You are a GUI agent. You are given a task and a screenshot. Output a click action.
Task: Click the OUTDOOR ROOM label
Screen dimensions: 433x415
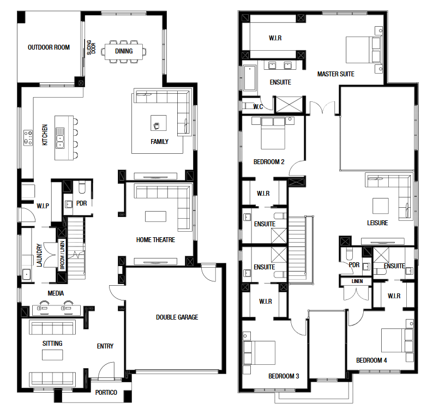(x=49, y=47)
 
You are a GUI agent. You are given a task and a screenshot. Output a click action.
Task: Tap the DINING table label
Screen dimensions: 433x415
(x=124, y=51)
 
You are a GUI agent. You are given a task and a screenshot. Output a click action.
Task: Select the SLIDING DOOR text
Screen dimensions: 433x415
(x=91, y=47)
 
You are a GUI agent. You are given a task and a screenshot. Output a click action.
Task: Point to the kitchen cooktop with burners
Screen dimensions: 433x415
(x=28, y=137)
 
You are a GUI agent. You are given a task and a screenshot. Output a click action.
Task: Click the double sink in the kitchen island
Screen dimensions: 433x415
(x=60, y=138)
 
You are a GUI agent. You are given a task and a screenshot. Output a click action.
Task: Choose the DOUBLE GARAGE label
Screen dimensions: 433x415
(x=177, y=317)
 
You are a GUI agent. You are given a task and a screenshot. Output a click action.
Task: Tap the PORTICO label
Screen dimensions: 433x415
(x=106, y=392)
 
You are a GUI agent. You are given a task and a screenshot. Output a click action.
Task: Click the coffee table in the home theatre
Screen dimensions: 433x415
(x=156, y=216)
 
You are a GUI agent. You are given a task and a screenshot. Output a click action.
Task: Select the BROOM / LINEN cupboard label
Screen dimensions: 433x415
(x=62, y=255)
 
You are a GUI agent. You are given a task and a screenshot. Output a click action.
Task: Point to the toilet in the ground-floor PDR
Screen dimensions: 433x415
(x=82, y=187)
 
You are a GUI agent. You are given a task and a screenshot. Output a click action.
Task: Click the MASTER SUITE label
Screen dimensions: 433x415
(x=336, y=74)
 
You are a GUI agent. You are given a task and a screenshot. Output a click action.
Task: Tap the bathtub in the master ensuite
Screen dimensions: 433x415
(x=250, y=78)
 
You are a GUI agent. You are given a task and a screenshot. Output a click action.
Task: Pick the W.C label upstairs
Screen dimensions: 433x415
(x=258, y=107)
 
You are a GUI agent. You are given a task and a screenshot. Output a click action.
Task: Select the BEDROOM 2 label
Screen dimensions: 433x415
(x=269, y=162)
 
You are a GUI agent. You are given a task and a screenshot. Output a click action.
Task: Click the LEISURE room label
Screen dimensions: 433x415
(x=377, y=223)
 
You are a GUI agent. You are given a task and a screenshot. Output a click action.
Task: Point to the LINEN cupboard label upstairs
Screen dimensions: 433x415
(x=357, y=281)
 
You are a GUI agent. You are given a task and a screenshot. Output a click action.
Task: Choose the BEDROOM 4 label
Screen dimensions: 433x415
(x=371, y=360)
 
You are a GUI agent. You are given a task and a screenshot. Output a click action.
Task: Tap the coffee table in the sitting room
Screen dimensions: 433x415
(x=52, y=355)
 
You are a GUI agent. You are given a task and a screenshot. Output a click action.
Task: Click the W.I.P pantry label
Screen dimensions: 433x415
(x=43, y=206)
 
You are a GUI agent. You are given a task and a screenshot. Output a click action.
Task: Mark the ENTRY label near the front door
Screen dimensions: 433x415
(x=105, y=346)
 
